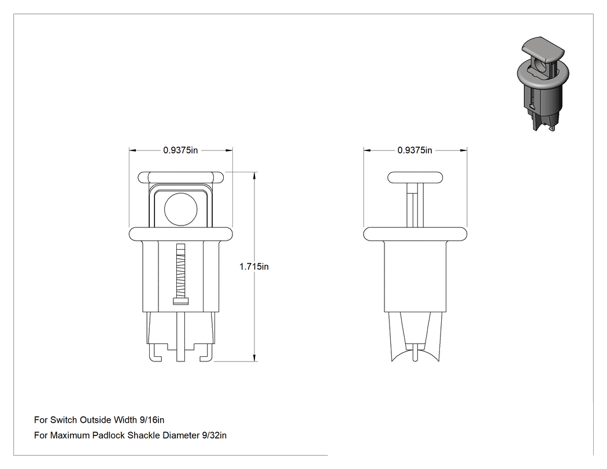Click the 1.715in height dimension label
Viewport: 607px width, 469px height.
(x=254, y=267)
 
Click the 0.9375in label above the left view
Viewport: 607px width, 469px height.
(x=180, y=150)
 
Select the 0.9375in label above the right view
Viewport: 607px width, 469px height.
(x=414, y=150)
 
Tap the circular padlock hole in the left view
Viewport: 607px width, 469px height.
(x=181, y=209)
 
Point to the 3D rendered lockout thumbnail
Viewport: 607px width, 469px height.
(x=543, y=84)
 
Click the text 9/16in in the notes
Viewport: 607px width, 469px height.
(x=151, y=420)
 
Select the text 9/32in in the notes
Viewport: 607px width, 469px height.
(x=214, y=435)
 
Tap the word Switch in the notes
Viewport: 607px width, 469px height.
(x=64, y=420)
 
